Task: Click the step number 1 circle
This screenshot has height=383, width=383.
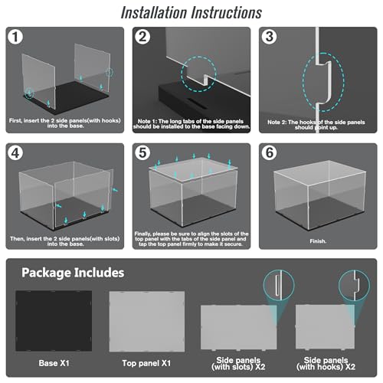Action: pos(15,37)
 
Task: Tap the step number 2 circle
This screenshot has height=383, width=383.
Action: pos(142,37)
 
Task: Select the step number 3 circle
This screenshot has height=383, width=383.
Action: pos(269,37)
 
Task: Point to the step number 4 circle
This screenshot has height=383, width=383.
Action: pos(15,153)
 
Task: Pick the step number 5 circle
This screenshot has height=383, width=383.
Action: pos(142,153)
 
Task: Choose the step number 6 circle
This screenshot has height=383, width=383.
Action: pos(269,153)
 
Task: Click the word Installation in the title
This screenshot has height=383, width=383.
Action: pos(154,12)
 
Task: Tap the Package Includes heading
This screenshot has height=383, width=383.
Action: pos(73,273)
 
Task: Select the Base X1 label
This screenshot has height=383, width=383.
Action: pos(54,363)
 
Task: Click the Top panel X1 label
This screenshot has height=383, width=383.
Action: pos(146,363)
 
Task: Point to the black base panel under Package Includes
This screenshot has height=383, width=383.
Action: pos(54,321)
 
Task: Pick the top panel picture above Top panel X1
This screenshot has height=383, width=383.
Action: pos(147,322)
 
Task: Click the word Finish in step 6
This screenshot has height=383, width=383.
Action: pos(318,241)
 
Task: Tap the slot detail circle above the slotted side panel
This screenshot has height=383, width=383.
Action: pos(279,285)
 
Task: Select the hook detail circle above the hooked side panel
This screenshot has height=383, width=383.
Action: pos(355,285)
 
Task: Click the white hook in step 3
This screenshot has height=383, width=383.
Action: pos(325,82)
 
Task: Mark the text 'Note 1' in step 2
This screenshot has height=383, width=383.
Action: pos(147,121)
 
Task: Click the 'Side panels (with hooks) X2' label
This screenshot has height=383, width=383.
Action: pos(326,363)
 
